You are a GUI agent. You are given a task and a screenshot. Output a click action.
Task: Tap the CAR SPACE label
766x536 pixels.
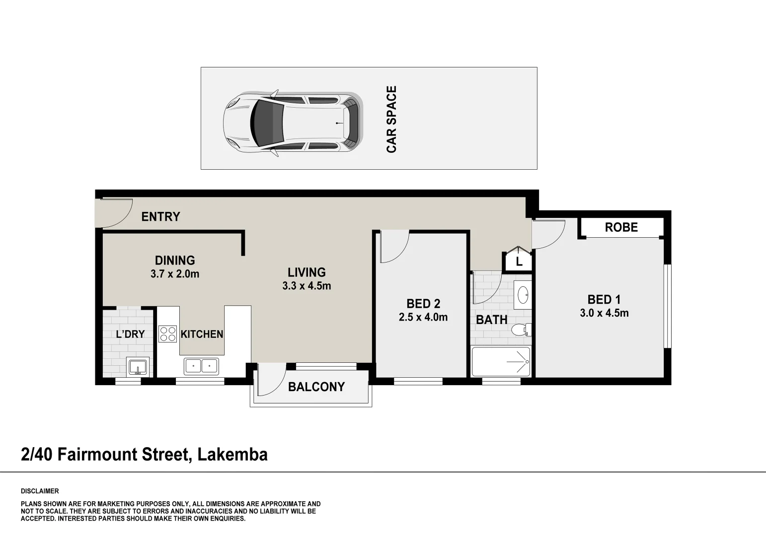point(391,119)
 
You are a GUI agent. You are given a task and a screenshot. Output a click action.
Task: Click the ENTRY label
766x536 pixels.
point(161,216)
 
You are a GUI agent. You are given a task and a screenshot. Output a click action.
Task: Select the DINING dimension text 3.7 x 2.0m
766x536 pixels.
point(175,274)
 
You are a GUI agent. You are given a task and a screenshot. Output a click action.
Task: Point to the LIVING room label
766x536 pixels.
point(306,272)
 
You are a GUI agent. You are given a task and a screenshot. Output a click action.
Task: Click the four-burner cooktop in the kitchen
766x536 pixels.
point(167,334)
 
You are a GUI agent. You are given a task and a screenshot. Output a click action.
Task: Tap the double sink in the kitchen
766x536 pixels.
point(201,367)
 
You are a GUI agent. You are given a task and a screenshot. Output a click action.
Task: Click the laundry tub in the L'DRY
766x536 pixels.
point(138,367)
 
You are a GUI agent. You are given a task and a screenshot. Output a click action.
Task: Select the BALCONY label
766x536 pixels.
point(316,387)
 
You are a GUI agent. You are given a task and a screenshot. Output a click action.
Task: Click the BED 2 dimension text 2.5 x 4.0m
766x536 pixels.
point(423,317)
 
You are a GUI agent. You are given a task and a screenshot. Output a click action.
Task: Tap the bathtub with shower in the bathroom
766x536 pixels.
point(501,361)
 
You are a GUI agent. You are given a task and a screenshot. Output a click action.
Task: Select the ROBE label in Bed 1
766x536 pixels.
point(621,227)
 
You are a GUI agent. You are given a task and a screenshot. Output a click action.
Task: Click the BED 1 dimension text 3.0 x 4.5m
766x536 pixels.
point(604,313)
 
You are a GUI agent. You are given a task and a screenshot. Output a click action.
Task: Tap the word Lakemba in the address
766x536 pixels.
point(232,455)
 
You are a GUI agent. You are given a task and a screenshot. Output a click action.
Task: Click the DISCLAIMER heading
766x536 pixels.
point(40,491)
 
